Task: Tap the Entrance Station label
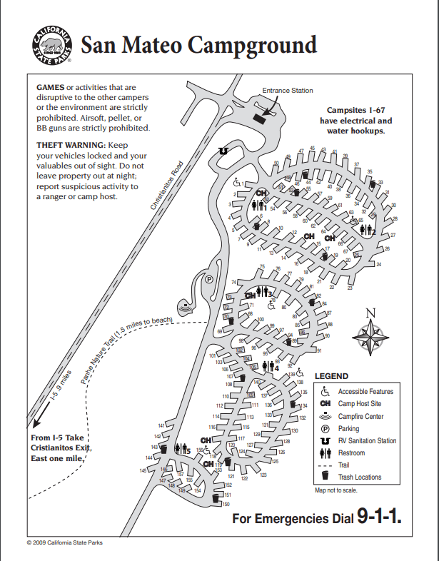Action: (x=287, y=91)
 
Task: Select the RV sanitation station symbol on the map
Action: (x=223, y=151)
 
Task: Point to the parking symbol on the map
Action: (x=209, y=280)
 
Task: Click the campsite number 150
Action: (x=226, y=504)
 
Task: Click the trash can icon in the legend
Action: (x=325, y=477)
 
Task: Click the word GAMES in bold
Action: (x=50, y=87)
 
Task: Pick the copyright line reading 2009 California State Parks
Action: (x=64, y=542)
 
